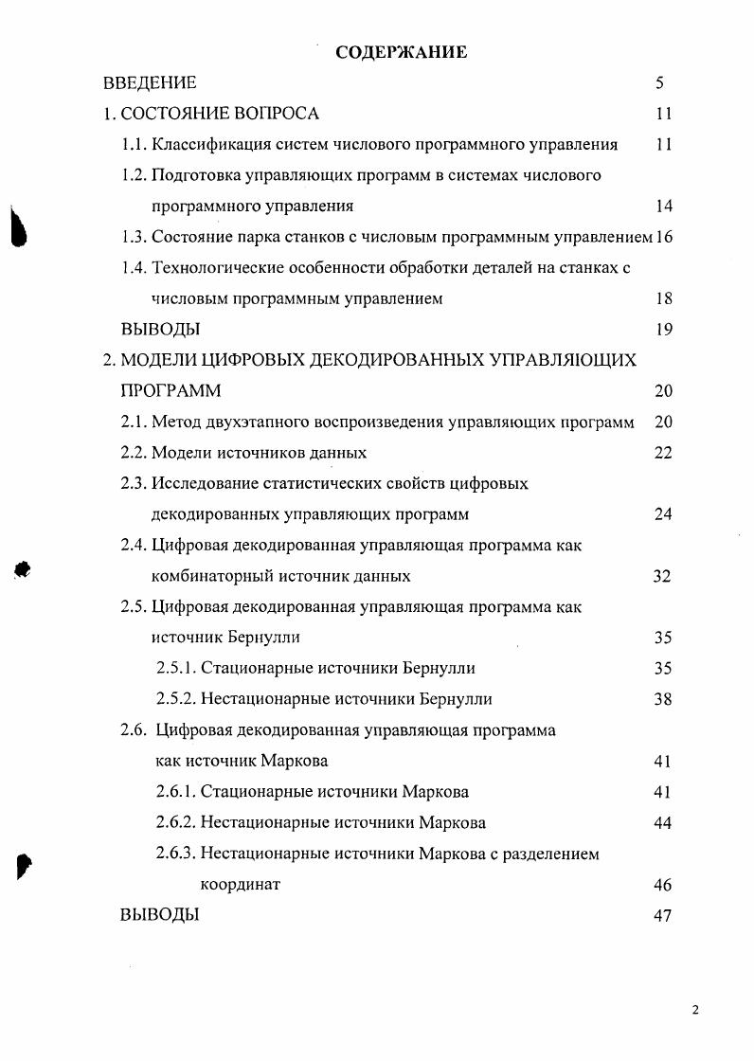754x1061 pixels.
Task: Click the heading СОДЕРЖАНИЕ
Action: pyautogui.click(x=401, y=52)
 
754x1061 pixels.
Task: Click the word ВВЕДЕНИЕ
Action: pyautogui.click(x=149, y=83)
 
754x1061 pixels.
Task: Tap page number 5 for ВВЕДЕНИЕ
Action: pyautogui.click(x=659, y=83)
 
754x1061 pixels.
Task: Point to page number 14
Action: pyautogui.click(x=663, y=206)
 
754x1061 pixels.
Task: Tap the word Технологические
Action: pyautogui.click(x=222, y=268)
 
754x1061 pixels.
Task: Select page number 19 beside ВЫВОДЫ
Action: pyautogui.click(x=663, y=330)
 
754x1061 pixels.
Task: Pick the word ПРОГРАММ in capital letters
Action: pyautogui.click(x=171, y=391)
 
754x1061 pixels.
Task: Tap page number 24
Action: pyautogui.click(x=663, y=514)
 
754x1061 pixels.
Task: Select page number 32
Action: pyautogui.click(x=662, y=576)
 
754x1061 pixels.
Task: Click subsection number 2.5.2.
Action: pyautogui.click(x=175, y=699)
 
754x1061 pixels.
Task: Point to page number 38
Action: pyautogui.click(x=663, y=699)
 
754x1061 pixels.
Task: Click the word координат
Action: pyautogui.click(x=241, y=885)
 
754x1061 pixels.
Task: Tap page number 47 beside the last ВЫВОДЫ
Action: pyautogui.click(x=663, y=915)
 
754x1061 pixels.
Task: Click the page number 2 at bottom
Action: pyautogui.click(x=695, y=1011)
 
